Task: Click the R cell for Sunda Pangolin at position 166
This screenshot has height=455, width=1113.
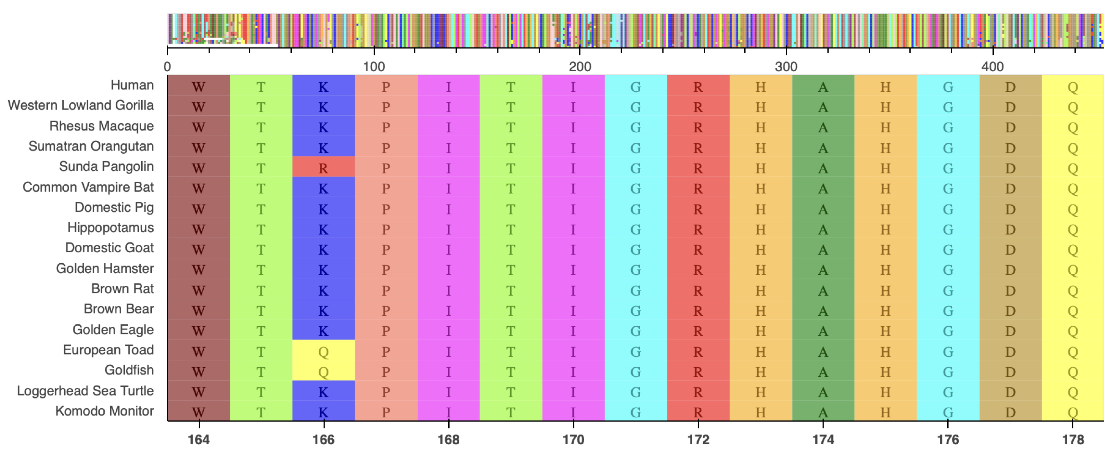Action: tap(323, 168)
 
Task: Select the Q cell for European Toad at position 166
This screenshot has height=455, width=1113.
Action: tap(323, 351)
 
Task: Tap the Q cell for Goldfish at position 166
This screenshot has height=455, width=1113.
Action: tap(323, 371)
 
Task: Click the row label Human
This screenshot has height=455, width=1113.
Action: tap(132, 85)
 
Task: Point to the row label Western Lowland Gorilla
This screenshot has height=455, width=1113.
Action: tap(81, 105)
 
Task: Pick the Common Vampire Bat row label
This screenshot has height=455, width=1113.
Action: tap(88, 187)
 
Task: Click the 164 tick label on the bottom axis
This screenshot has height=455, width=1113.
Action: tap(199, 440)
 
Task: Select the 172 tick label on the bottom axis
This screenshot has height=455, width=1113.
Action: tap(698, 440)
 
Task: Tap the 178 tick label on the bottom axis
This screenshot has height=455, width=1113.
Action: tap(1073, 440)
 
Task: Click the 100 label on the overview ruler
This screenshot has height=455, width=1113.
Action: tap(373, 67)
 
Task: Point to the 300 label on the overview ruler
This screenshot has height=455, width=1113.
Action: tap(786, 67)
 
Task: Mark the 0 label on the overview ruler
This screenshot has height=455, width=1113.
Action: tap(167, 67)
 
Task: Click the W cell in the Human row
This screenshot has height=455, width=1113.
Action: tap(199, 86)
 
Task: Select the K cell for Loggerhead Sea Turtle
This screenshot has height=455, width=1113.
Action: tap(323, 392)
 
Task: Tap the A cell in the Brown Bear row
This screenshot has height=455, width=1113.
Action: tap(823, 311)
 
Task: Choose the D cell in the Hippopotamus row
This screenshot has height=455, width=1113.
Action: tap(1010, 229)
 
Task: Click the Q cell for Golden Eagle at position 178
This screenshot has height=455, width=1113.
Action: tap(1073, 331)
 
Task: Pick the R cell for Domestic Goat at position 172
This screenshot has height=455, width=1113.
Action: tap(698, 249)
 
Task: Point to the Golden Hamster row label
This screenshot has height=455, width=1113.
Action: tap(105, 269)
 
